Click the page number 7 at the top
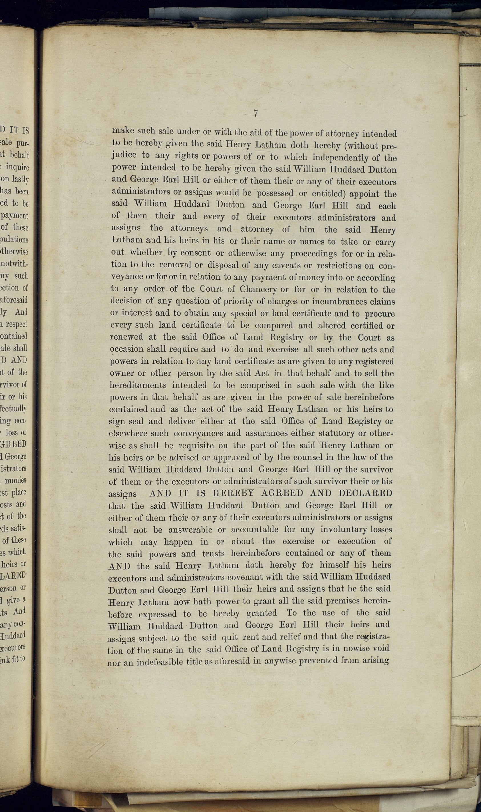256,113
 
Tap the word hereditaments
138,385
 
